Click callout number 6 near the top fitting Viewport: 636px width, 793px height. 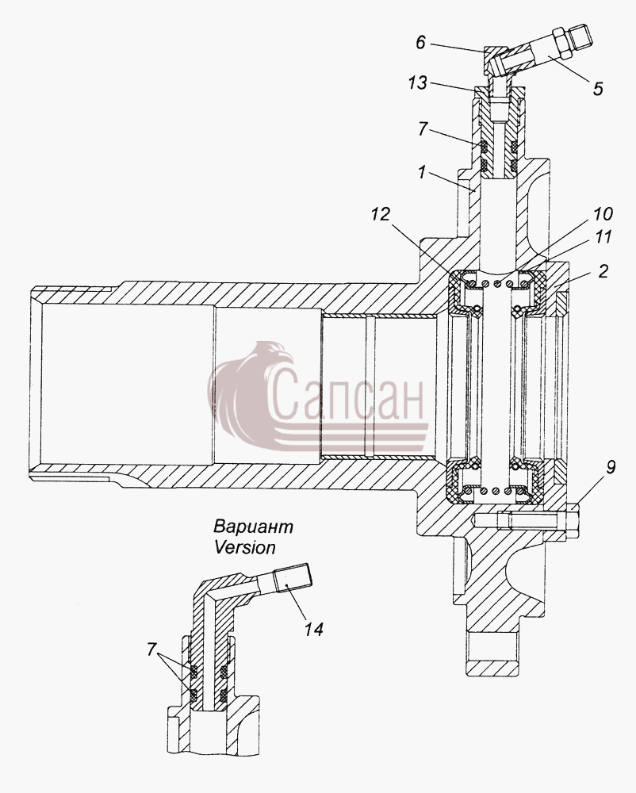420,43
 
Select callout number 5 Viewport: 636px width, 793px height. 598,89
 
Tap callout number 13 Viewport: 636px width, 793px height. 418,82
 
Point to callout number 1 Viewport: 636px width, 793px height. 422,173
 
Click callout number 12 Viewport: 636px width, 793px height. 381,214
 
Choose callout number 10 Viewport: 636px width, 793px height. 602,214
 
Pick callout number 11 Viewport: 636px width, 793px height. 603,236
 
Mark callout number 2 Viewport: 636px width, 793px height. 603,271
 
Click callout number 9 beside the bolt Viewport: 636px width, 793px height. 611,467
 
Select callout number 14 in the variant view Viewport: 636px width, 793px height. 313,629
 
